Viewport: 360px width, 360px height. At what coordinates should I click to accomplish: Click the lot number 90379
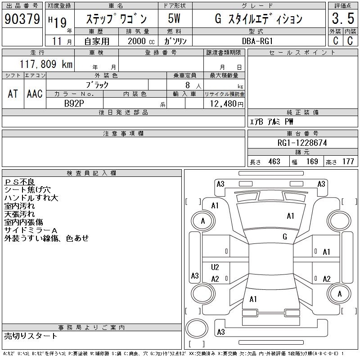[x=22, y=19]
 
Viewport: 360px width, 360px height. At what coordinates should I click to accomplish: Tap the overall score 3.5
[x=343, y=18]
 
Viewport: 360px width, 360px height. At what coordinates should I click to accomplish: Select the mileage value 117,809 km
[x=46, y=64]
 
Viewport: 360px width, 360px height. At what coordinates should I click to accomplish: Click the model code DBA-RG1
[x=257, y=41]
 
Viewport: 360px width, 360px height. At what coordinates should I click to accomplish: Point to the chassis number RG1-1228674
[x=302, y=143]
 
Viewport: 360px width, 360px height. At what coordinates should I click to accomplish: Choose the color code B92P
[x=74, y=103]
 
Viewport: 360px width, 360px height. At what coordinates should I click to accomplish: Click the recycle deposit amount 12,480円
[x=227, y=104]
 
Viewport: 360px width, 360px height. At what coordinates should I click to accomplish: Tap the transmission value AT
[x=13, y=94]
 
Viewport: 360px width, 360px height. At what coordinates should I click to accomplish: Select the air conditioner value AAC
[x=35, y=94]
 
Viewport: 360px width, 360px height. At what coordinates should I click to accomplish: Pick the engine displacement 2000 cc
[x=141, y=41]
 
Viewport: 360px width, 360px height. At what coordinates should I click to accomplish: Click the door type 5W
[x=174, y=18]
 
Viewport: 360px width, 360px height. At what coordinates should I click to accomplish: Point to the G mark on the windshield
[x=285, y=236]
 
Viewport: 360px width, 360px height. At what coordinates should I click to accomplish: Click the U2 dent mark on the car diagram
[x=215, y=267]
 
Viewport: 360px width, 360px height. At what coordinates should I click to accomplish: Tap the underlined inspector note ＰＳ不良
[x=19, y=182]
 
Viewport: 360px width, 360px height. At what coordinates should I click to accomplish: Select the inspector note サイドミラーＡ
[x=31, y=230]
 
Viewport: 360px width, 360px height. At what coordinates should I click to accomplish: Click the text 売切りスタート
[x=31, y=336]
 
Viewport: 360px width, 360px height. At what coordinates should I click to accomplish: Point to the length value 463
[x=274, y=162]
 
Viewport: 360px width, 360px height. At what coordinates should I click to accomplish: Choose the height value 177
[x=348, y=162]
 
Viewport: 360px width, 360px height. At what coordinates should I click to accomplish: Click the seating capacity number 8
[x=188, y=85]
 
